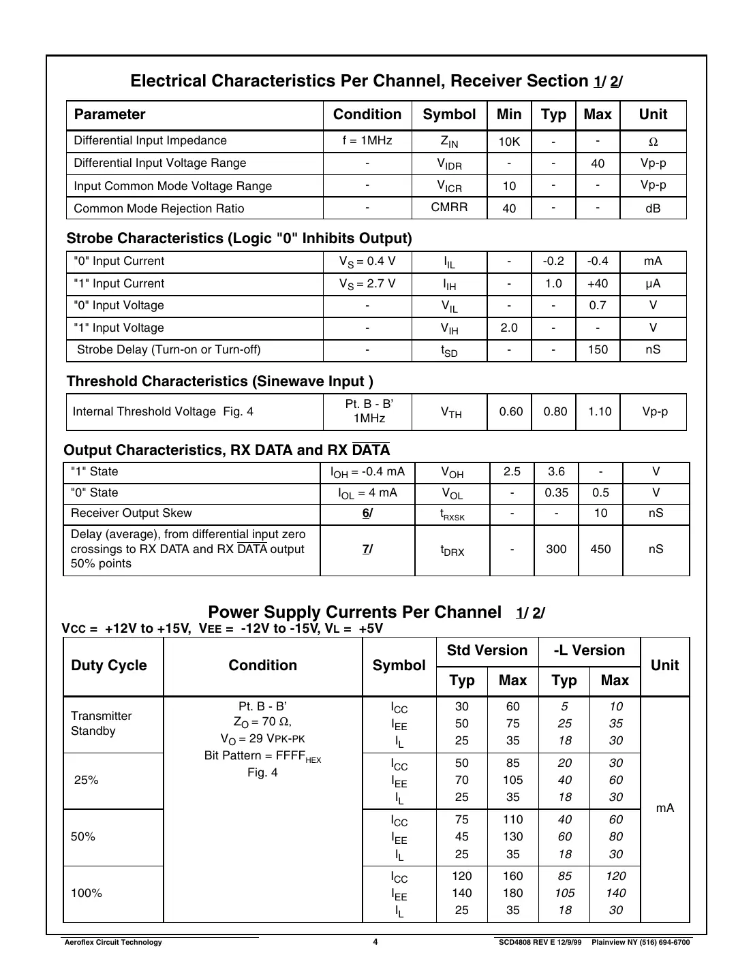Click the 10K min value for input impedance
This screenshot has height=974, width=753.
pos(509,142)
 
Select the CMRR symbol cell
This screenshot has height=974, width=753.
pos(449,207)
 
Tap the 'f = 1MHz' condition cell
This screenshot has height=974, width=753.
pos(367,140)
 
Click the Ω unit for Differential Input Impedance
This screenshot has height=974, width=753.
pos(653,142)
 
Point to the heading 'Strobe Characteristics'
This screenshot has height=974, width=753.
pos(239,238)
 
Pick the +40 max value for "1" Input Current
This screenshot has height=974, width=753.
pos(598,283)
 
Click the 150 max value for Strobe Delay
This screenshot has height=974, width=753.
pos(598,349)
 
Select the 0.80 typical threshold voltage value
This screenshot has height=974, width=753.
pos(555,411)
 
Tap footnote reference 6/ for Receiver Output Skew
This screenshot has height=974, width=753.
pos(367,513)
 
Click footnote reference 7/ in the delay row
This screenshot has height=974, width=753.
pos(367,549)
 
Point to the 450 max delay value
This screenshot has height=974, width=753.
pos(600,549)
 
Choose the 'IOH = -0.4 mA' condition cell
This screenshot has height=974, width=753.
pos(367,472)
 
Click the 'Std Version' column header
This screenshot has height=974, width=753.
pos(487,650)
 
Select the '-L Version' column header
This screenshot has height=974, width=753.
pos(589,650)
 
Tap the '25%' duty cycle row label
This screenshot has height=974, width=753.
pos(87,780)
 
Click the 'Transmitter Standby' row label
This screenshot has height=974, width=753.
pos(101,723)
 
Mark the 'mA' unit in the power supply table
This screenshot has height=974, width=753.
pos(664,808)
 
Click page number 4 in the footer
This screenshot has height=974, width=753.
pos(375,942)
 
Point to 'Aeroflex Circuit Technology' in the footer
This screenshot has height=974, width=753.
pos(112,943)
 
